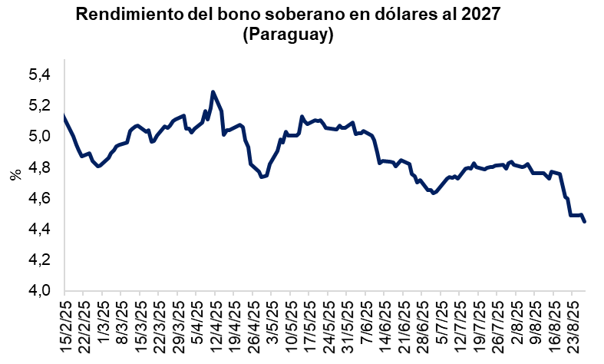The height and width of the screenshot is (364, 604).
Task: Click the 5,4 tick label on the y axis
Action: tap(39, 75)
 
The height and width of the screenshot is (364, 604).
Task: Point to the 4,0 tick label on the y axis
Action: tap(39, 291)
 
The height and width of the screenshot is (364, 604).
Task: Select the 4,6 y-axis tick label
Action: tap(39, 198)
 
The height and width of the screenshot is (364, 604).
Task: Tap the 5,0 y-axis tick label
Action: tap(39, 137)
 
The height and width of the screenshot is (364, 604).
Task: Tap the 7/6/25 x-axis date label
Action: tap(366, 326)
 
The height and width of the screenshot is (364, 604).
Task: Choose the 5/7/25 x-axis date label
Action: tap(441, 326)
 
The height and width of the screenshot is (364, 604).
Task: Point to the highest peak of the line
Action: tap(213, 92)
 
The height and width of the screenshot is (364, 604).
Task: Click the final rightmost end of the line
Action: tap(586, 222)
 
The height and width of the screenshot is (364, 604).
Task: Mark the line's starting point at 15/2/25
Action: tap(64, 117)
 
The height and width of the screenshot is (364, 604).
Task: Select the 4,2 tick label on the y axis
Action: tap(39, 260)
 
